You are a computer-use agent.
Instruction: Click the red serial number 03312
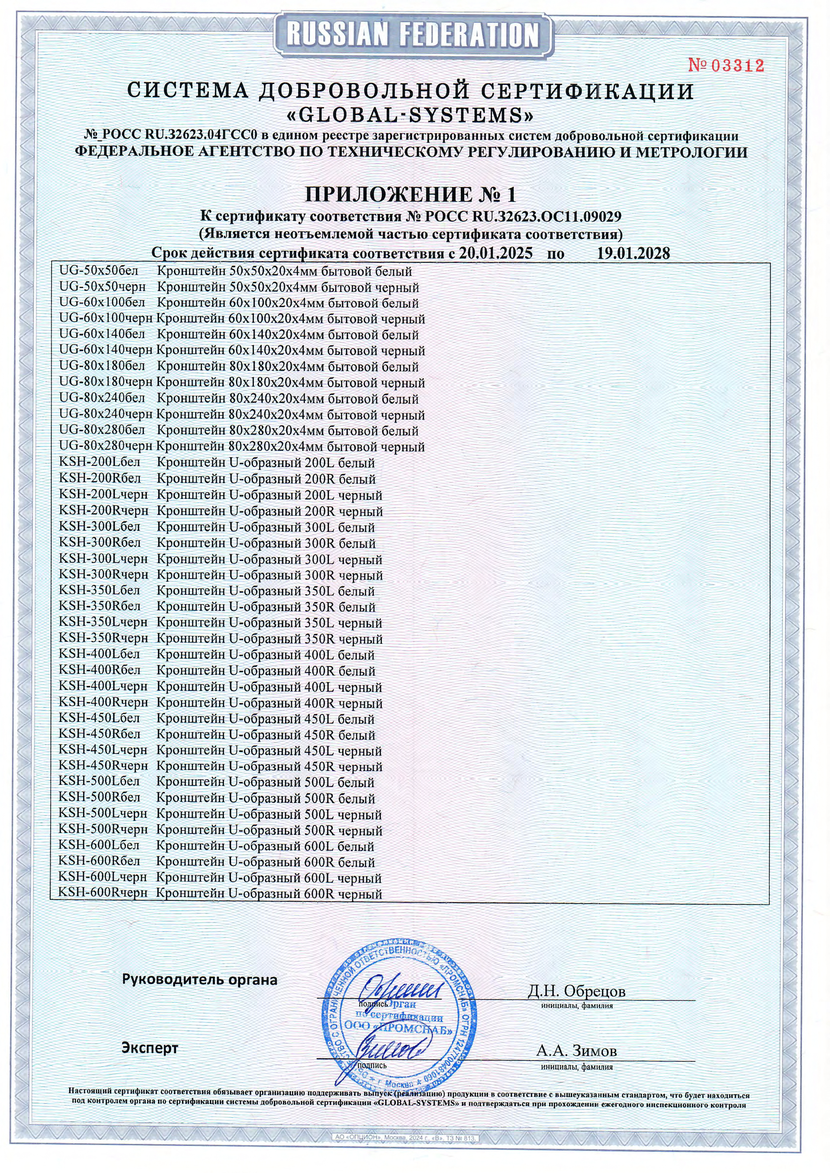[726, 65]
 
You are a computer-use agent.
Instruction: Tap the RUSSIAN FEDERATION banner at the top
[413, 35]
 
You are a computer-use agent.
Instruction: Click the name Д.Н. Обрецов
[576, 991]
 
